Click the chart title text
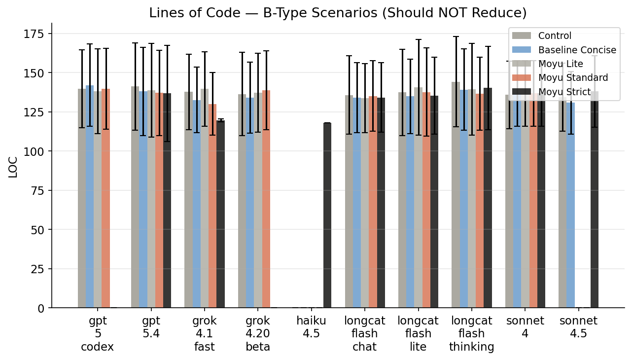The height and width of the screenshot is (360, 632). pyautogui.click(x=338, y=13)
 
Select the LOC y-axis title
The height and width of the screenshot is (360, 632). pyautogui.click(x=13, y=167)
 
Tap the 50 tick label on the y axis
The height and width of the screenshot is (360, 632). pyautogui.click(x=38, y=230)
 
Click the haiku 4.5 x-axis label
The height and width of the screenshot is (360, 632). pyautogui.click(x=311, y=327)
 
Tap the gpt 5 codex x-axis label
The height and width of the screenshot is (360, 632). pyautogui.click(x=98, y=333)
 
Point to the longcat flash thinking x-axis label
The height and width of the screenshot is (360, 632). pyautogui.click(x=471, y=333)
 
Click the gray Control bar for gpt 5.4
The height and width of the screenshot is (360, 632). pyautogui.click(x=135, y=197)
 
